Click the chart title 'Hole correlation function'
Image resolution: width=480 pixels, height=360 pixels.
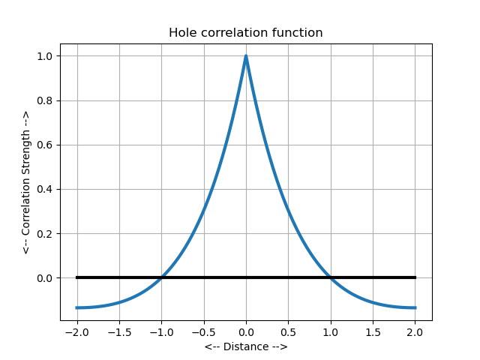coord(245,33)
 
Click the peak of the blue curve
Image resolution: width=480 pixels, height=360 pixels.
coord(246,56)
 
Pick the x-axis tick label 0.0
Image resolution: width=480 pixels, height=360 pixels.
coord(246,331)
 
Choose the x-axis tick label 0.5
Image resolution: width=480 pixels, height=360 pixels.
coord(288,331)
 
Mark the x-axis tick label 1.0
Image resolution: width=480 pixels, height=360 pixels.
coord(331,331)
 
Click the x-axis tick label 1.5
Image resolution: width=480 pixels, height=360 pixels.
coord(373,331)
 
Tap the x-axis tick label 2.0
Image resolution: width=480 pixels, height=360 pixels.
coord(415,331)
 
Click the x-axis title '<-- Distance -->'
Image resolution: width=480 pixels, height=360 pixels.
coord(245,346)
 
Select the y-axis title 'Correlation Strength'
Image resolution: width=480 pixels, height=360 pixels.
coord(25,182)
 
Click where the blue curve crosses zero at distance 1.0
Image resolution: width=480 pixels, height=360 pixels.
coord(331,277)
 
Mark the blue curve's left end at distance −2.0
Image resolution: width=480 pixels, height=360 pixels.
coord(77,307)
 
